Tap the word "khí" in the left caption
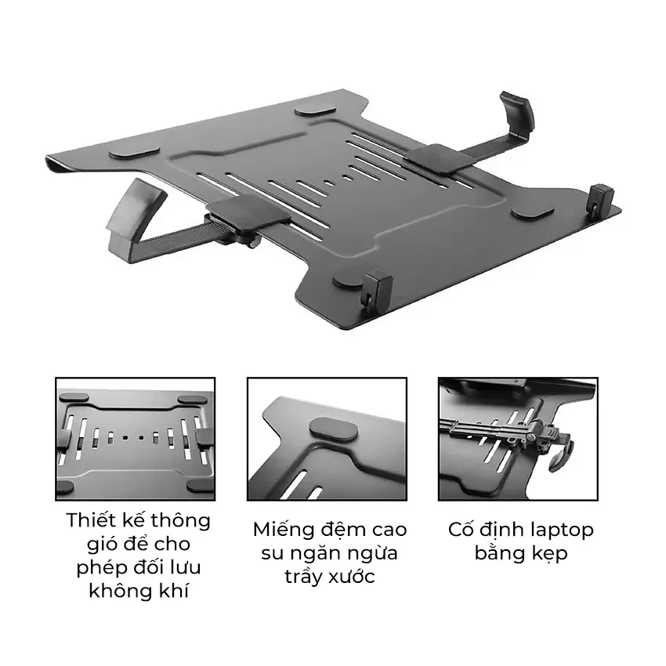point(174,591)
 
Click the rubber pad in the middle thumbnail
point(334,429)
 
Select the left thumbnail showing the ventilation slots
point(136,439)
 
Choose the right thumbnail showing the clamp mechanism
point(518,439)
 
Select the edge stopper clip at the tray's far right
point(600,197)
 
